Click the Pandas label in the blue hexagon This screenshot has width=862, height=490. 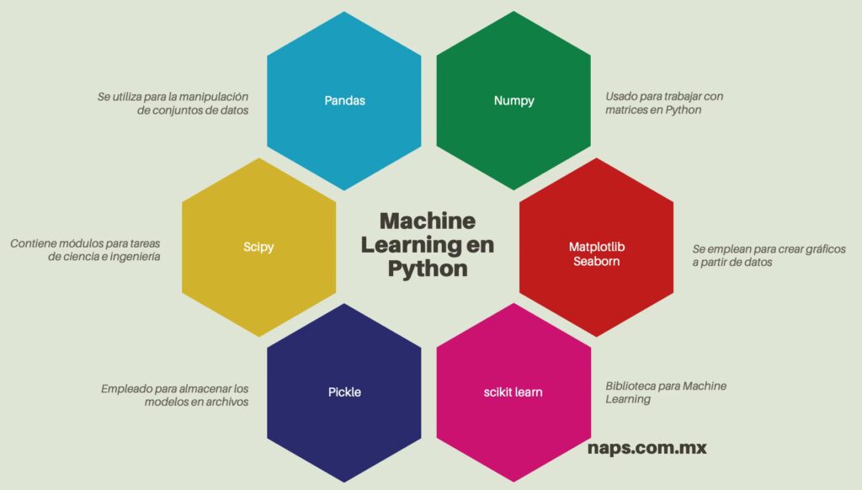click(x=344, y=101)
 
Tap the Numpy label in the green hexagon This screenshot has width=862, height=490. click(x=513, y=101)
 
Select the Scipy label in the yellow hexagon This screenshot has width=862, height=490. click(x=258, y=248)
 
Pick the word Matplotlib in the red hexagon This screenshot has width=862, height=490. click(x=597, y=247)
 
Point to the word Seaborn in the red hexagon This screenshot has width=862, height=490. click(x=597, y=261)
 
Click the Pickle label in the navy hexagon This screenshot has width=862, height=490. click(x=344, y=392)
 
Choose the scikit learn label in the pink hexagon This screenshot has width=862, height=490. click(x=513, y=392)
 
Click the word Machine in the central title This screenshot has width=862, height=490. click(x=428, y=221)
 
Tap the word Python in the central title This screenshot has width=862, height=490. click(x=428, y=269)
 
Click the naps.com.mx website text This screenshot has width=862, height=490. click(x=646, y=448)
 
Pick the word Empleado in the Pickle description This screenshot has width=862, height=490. click(x=125, y=389)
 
